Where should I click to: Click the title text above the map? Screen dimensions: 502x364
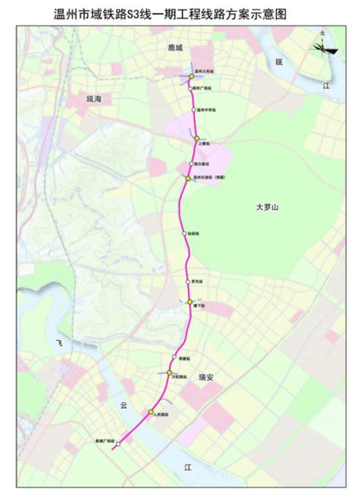click(x=182, y=12)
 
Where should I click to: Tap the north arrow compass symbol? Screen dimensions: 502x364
click(x=323, y=47)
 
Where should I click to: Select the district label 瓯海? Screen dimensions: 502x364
click(x=95, y=98)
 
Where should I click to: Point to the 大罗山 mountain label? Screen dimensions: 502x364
click(x=267, y=208)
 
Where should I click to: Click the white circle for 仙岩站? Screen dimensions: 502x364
click(x=184, y=233)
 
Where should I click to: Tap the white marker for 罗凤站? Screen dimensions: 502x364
click(x=188, y=281)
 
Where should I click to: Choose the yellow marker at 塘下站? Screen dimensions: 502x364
click(x=190, y=302)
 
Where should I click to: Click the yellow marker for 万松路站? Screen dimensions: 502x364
click(x=169, y=372)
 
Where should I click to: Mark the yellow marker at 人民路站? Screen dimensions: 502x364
click(x=151, y=412)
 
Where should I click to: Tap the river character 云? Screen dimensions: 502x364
click(x=124, y=406)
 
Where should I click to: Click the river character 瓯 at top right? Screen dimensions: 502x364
click(x=278, y=62)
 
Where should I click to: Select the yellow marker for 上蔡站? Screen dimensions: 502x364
click(x=197, y=138)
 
